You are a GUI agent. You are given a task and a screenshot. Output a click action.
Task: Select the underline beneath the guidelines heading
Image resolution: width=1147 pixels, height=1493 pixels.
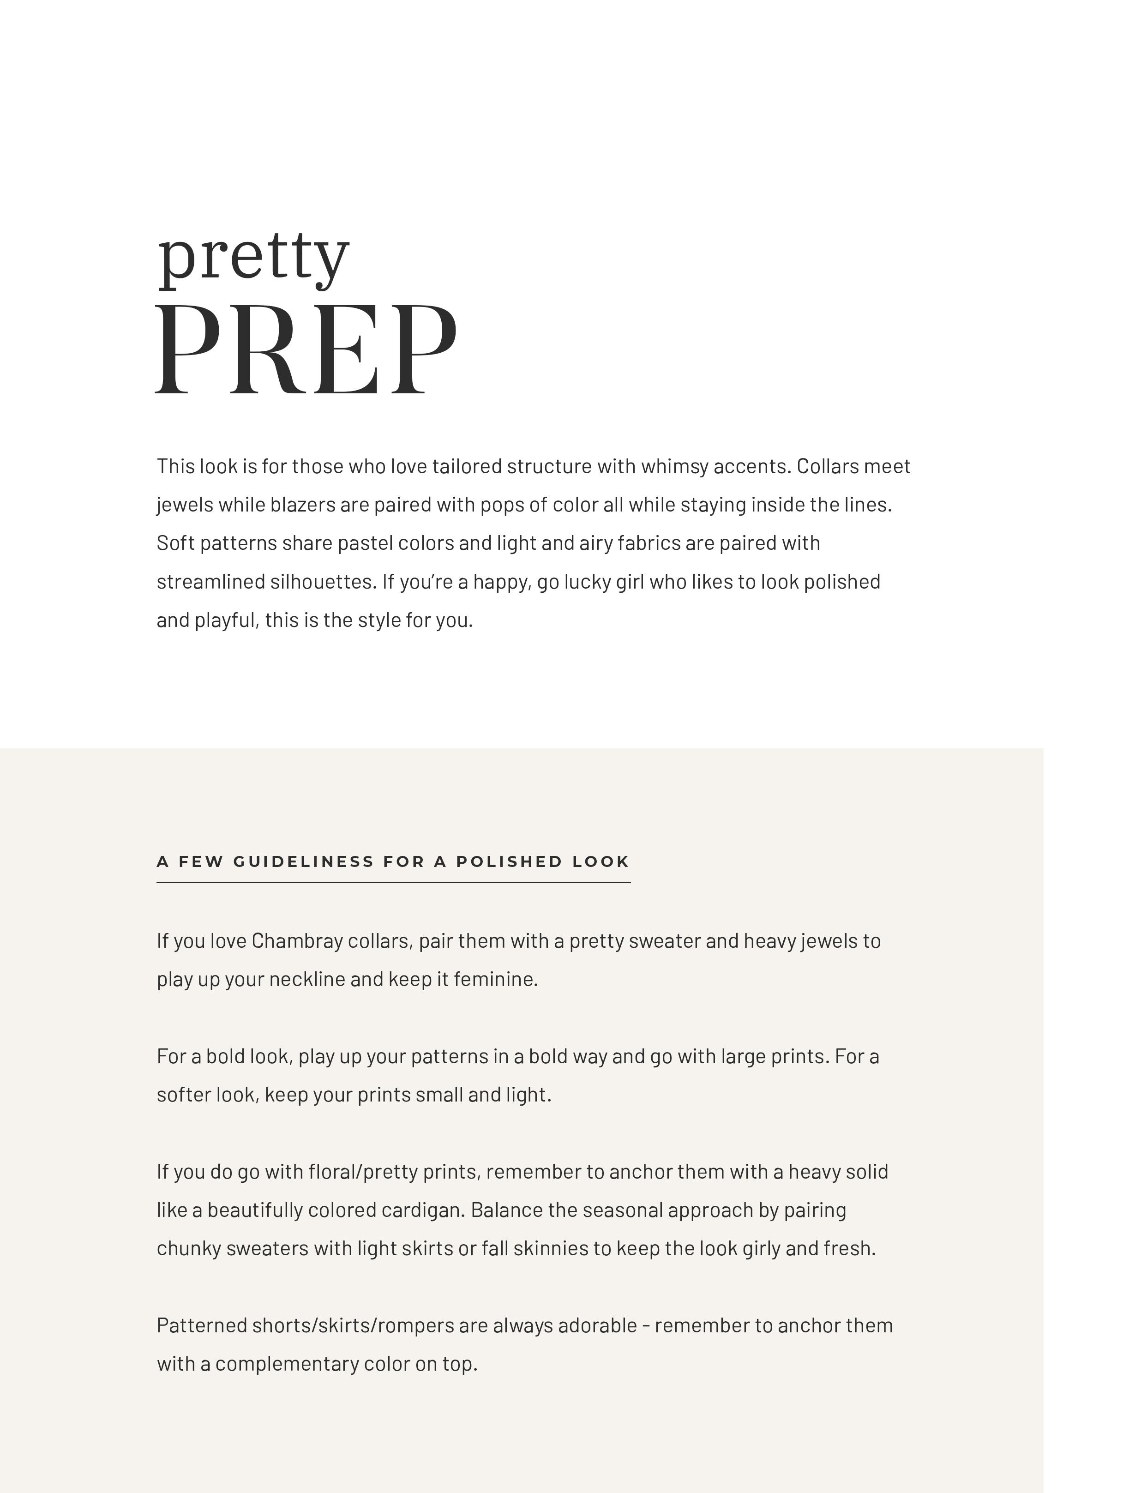[393, 883]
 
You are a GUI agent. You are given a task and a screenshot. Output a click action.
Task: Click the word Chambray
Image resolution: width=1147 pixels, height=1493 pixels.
[297, 941]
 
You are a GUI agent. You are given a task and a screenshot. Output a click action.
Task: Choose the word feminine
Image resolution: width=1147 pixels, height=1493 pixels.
[496, 979]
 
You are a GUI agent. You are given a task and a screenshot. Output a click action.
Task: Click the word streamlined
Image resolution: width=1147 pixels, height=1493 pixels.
[210, 582]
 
